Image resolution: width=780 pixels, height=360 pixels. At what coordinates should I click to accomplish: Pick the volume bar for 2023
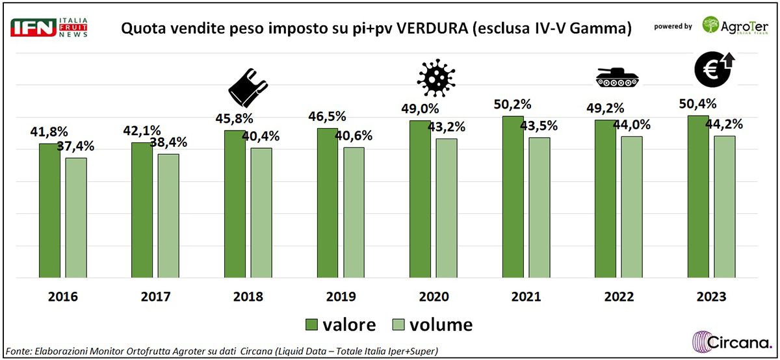[724, 207]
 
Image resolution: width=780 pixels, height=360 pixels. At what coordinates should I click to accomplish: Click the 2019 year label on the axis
[340, 297]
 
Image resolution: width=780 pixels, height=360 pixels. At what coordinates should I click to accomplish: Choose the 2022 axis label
[618, 297]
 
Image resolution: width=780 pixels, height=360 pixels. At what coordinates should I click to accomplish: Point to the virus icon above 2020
[432, 76]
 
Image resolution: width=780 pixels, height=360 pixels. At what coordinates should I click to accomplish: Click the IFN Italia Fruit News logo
[49, 29]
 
